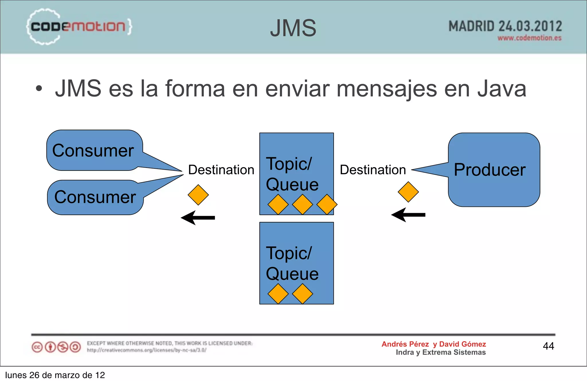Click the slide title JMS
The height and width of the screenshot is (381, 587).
[x=293, y=28]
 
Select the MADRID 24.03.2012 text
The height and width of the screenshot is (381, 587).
[x=505, y=26]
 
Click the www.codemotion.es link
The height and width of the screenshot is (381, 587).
[x=529, y=38]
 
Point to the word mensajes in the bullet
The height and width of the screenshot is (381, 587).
[x=387, y=89]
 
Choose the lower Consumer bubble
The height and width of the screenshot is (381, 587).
[x=95, y=197]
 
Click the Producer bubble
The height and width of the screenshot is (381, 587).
[x=494, y=170]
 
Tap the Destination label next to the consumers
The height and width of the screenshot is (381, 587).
[x=221, y=170]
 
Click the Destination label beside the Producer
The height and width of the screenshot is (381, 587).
[x=373, y=170]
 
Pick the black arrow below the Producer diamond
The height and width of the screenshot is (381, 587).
[x=408, y=215]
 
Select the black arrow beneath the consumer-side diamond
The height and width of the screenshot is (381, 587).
[x=198, y=218]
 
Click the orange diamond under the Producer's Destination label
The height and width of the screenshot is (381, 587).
[x=408, y=192]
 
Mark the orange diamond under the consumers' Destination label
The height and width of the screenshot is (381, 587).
[x=198, y=195]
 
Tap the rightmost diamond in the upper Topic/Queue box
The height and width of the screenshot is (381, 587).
[x=327, y=205]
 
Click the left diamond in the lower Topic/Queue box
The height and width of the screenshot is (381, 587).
[x=278, y=294]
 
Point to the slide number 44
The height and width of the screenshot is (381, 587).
[x=548, y=346]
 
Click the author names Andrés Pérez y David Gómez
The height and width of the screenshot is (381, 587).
[x=434, y=344]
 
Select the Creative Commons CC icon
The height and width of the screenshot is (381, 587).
[x=37, y=347]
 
